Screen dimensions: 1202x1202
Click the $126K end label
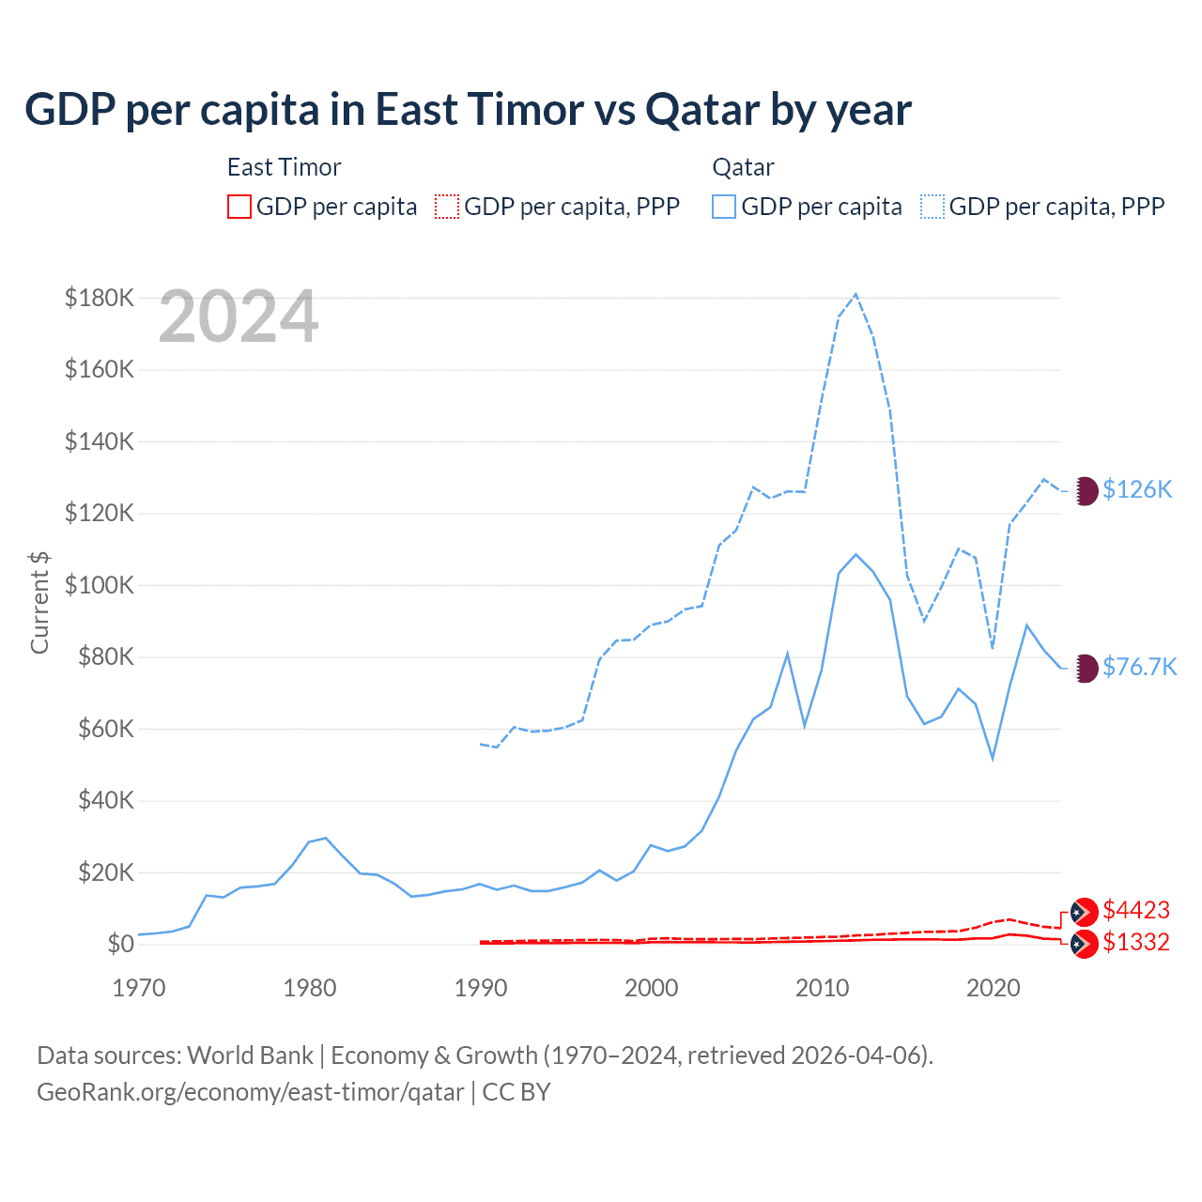[1137, 489]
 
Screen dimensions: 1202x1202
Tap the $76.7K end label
[1139, 667]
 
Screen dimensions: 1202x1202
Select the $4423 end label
[1136, 910]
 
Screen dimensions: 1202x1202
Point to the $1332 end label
[1136, 942]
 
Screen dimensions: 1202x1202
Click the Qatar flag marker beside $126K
[1086, 490]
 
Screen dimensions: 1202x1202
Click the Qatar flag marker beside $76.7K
[1086, 668]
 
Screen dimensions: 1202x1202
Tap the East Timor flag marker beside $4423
[1085, 912]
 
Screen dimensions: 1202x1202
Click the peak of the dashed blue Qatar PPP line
[855, 294]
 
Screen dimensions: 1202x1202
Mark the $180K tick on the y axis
[100, 298]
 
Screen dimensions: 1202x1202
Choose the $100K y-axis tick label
[100, 585]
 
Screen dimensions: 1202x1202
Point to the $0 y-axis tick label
[120, 944]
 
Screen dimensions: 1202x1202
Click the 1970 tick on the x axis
[139, 988]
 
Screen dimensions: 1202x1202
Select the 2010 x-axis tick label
[822, 988]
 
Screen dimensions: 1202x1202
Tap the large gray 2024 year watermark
[239, 316]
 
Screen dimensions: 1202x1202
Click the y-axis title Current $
[39, 602]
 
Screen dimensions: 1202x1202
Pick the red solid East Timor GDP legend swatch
[239, 207]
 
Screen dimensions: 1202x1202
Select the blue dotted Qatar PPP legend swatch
[932, 207]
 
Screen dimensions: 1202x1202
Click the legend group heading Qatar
[743, 167]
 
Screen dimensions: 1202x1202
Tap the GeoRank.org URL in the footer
[251, 1092]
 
